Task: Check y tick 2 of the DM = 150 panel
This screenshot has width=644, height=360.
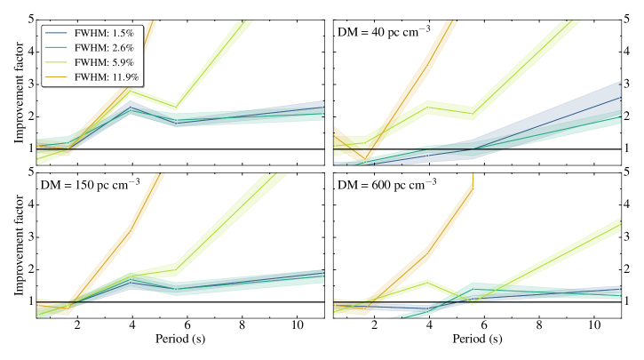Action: point(31,269)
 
